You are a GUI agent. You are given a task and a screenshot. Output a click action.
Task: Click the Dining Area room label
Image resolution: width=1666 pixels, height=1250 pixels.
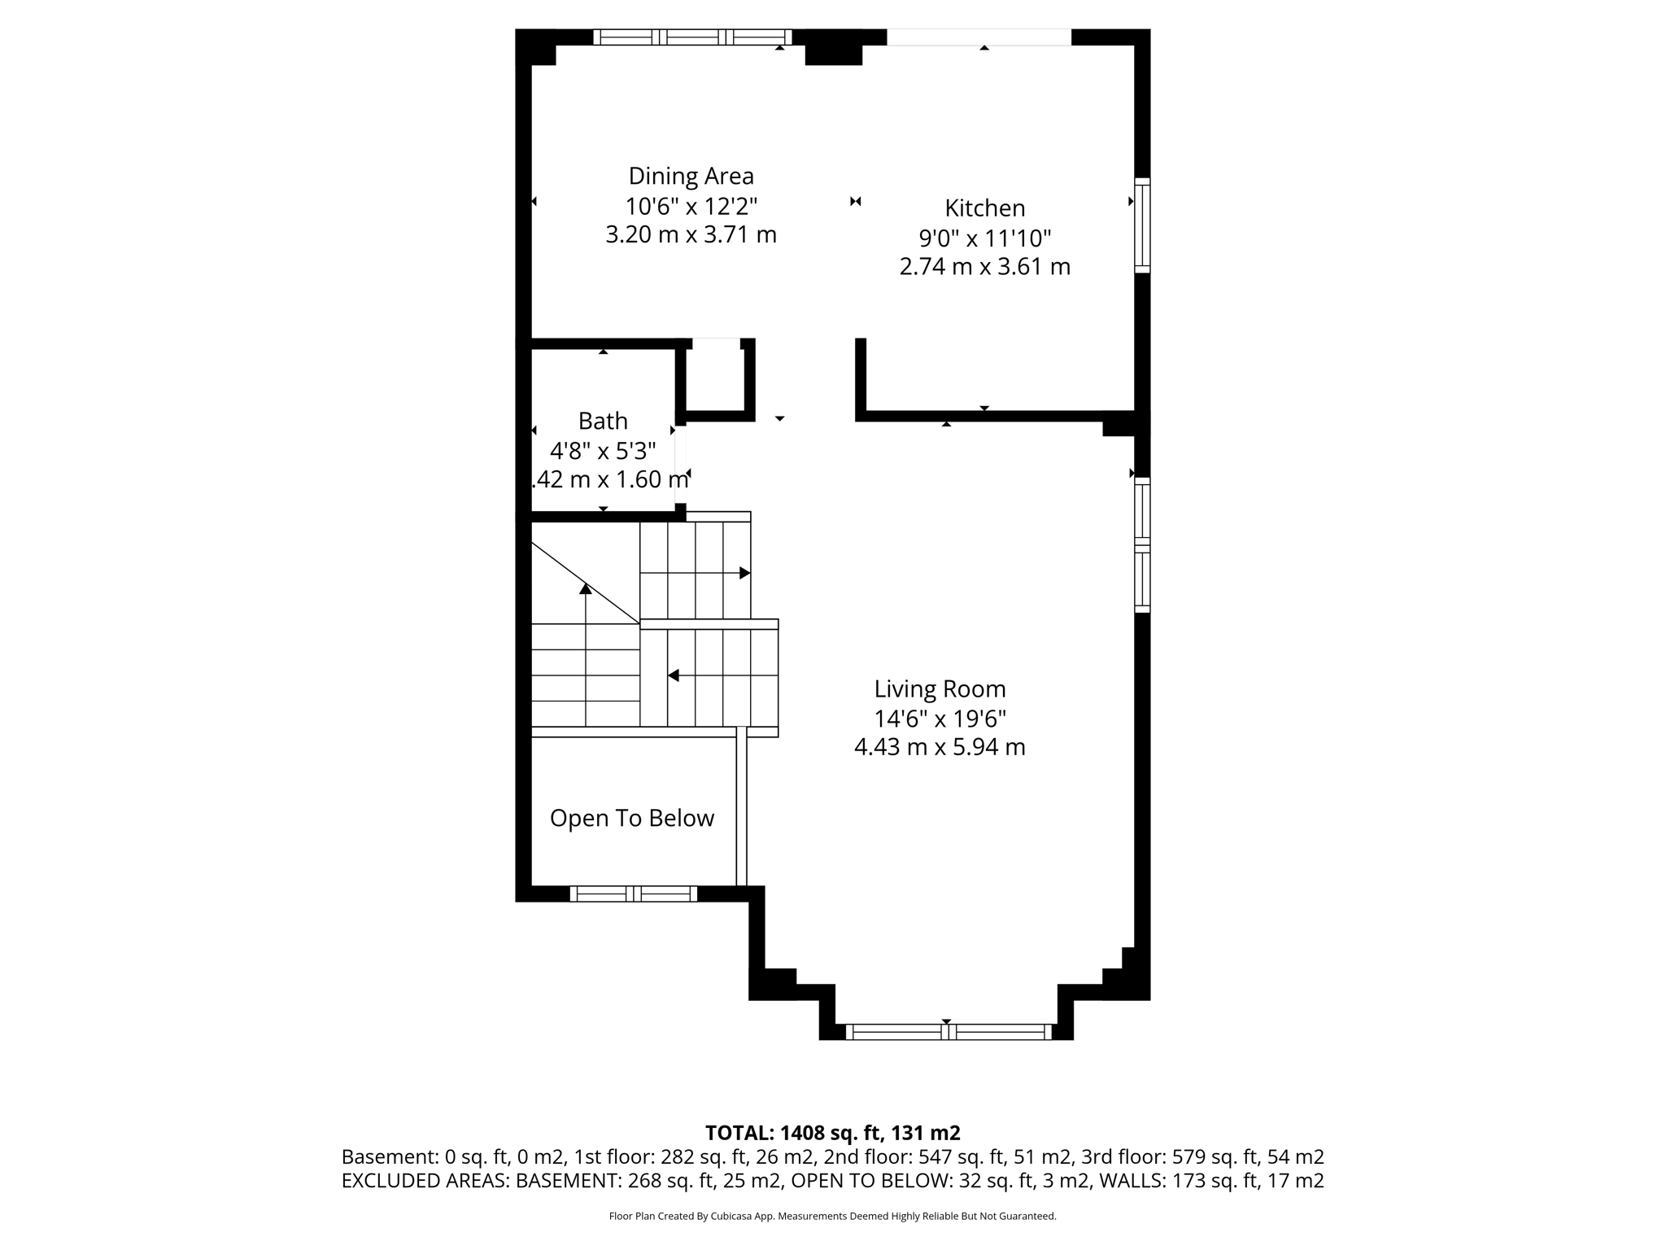[691, 176]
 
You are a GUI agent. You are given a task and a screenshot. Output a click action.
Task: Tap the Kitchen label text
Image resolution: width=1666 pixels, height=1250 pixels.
[984, 208]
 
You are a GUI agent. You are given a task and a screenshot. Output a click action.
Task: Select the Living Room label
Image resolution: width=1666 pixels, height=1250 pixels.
[940, 689]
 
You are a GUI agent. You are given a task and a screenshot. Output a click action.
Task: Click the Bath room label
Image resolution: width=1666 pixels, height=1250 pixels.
[603, 421]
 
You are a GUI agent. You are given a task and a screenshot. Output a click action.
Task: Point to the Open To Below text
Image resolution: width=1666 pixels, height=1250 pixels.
[632, 818]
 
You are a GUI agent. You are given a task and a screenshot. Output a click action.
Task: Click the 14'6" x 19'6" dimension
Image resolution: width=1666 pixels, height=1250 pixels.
[940, 719]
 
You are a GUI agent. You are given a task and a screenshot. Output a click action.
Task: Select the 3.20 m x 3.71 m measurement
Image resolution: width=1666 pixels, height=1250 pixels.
[691, 235]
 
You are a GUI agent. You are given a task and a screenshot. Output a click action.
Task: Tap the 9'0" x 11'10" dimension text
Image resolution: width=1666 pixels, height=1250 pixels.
[984, 238]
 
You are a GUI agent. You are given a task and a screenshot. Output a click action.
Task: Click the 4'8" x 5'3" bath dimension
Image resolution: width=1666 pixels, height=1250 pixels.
[603, 450]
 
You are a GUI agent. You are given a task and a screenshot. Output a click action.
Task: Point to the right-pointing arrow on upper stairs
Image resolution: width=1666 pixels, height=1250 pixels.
[744, 573]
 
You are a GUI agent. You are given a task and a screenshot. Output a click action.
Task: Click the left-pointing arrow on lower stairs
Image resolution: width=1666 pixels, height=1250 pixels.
[674, 675]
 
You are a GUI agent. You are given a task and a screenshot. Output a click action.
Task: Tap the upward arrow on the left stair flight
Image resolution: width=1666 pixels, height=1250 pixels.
[586, 588]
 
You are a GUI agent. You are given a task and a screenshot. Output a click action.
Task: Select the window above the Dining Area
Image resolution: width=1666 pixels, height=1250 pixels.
[692, 37]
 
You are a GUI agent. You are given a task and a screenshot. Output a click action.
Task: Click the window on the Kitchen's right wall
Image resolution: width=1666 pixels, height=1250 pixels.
[1142, 225]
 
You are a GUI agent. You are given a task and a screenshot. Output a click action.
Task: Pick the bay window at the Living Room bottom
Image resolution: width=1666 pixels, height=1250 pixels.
[949, 1032]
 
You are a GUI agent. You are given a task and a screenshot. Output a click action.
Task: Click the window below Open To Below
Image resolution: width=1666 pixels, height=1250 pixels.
[633, 894]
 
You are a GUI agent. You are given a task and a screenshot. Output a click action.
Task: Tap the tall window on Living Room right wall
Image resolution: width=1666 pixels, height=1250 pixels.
[1142, 545]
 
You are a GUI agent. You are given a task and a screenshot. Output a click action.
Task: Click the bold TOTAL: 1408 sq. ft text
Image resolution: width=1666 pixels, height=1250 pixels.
[831, 1133]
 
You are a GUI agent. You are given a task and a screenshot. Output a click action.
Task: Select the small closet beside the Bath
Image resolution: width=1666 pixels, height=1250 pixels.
[715, 378]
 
